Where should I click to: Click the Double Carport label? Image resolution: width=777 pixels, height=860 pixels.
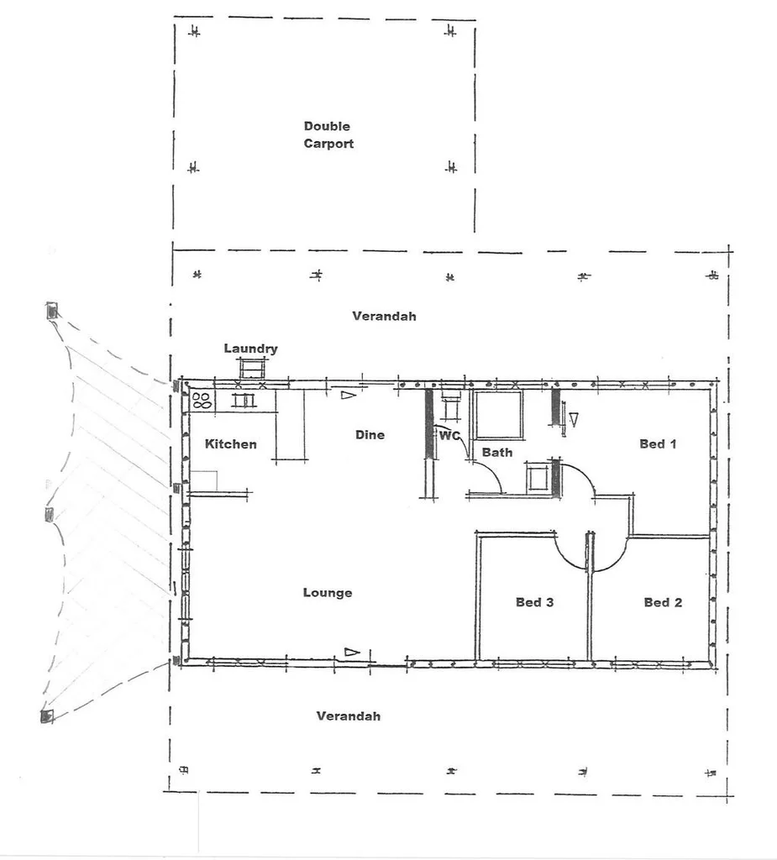328,135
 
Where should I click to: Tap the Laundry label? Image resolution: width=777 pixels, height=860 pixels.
250,349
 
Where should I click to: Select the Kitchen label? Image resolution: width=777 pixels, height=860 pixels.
231,443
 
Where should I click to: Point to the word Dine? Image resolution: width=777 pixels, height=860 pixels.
370,435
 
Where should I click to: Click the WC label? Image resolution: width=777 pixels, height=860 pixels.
449,436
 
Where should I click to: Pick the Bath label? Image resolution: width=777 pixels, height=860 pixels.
496,453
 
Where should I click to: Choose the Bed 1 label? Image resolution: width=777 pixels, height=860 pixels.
658,443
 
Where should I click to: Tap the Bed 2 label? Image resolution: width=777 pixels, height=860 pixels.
662,602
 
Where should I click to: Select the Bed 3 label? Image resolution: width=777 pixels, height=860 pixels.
534,602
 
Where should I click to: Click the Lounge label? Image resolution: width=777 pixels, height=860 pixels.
328,593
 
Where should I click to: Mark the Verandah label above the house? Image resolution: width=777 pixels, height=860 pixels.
384,317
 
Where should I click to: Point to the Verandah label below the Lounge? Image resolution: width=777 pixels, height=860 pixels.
348,716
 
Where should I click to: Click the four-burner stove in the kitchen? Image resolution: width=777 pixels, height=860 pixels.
202,400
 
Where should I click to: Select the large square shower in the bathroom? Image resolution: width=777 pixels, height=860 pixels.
497,414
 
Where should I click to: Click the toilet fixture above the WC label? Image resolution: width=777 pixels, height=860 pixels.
451,406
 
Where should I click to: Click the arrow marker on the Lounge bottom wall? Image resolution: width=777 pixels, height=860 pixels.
352,652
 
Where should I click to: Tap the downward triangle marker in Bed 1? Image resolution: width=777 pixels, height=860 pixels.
575,417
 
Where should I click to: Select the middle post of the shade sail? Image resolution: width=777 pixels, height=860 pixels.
50,514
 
